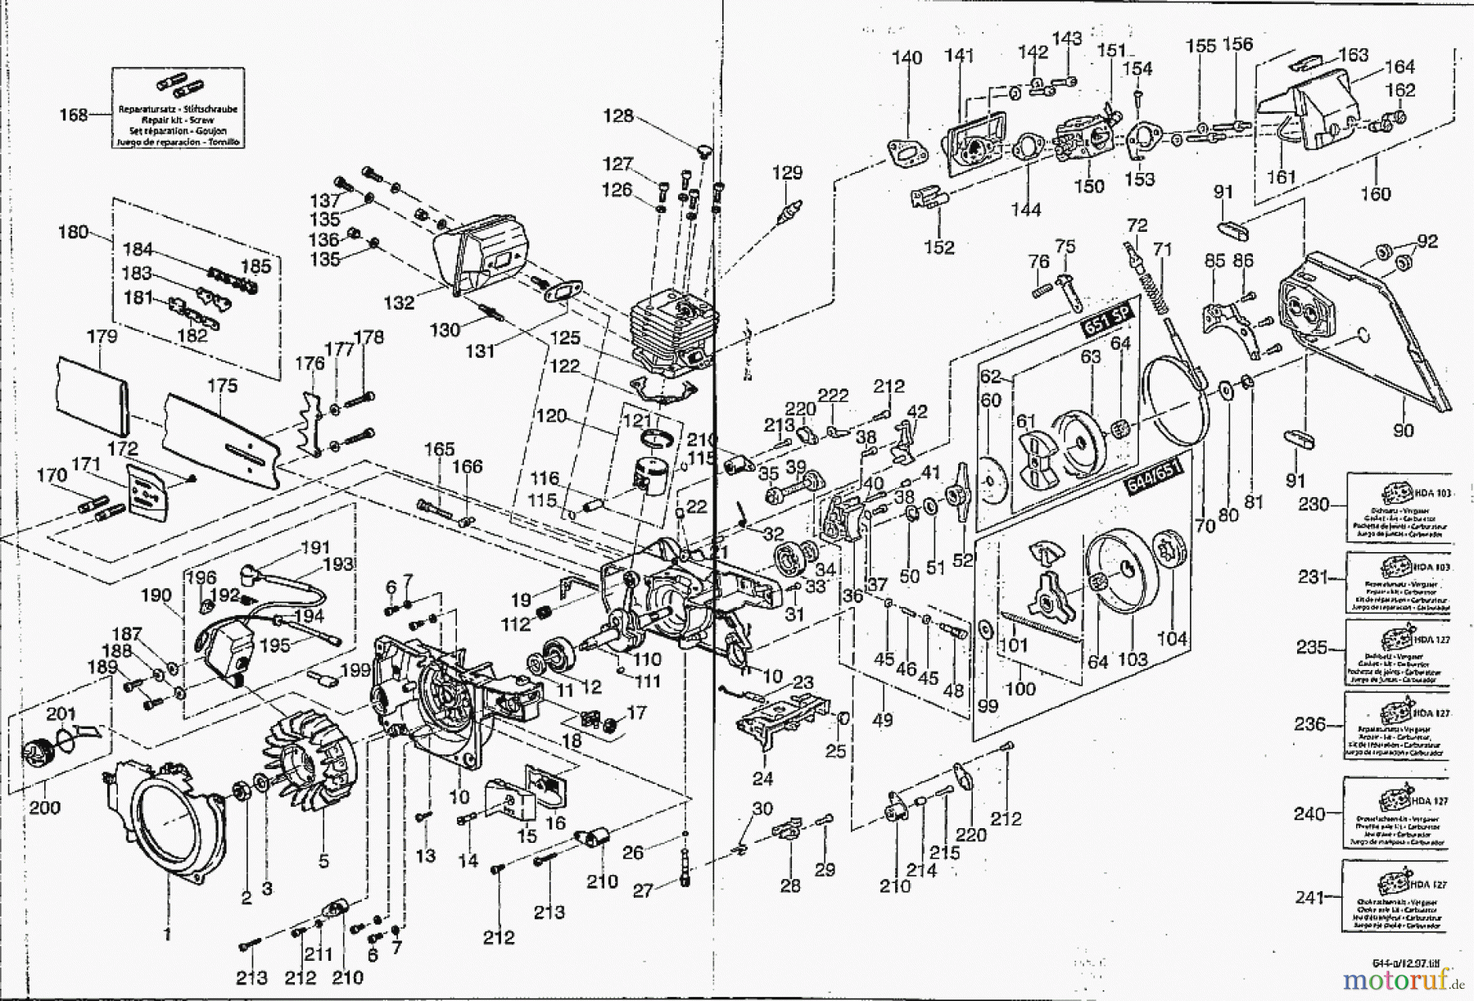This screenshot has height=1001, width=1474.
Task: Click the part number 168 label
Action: click(x=74, y=115)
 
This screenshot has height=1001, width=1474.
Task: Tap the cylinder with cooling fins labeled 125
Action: click(x=676, y=328)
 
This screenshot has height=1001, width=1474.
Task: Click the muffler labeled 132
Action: click(x=479, y=254)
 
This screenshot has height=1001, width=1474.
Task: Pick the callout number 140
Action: click(x=907, y=58)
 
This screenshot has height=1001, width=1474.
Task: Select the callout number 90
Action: click(x=1402, y=430)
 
